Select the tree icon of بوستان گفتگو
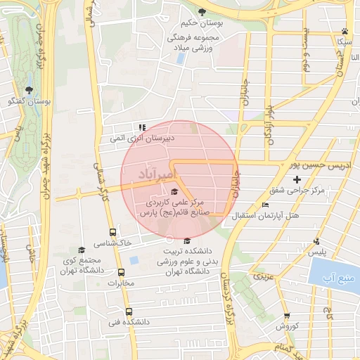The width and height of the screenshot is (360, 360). coord(29,90)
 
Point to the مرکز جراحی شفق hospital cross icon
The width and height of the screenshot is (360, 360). coord(297,181)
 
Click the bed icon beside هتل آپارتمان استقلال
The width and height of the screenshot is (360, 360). coord(264,205)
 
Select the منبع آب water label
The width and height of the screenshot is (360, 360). coord(335,281)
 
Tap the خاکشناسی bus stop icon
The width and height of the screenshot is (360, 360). coord(112,232)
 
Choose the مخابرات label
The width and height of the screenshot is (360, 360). coord(120,283)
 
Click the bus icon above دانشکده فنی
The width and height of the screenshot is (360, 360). coord(128,311)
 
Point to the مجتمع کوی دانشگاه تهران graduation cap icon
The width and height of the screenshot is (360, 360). coord(82,250)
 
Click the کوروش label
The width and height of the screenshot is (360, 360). coord(287,327)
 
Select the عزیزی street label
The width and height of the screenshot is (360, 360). coord(264,276)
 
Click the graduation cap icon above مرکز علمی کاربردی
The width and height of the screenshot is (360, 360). coord(174,192)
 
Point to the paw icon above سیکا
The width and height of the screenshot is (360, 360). coord(345,31)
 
